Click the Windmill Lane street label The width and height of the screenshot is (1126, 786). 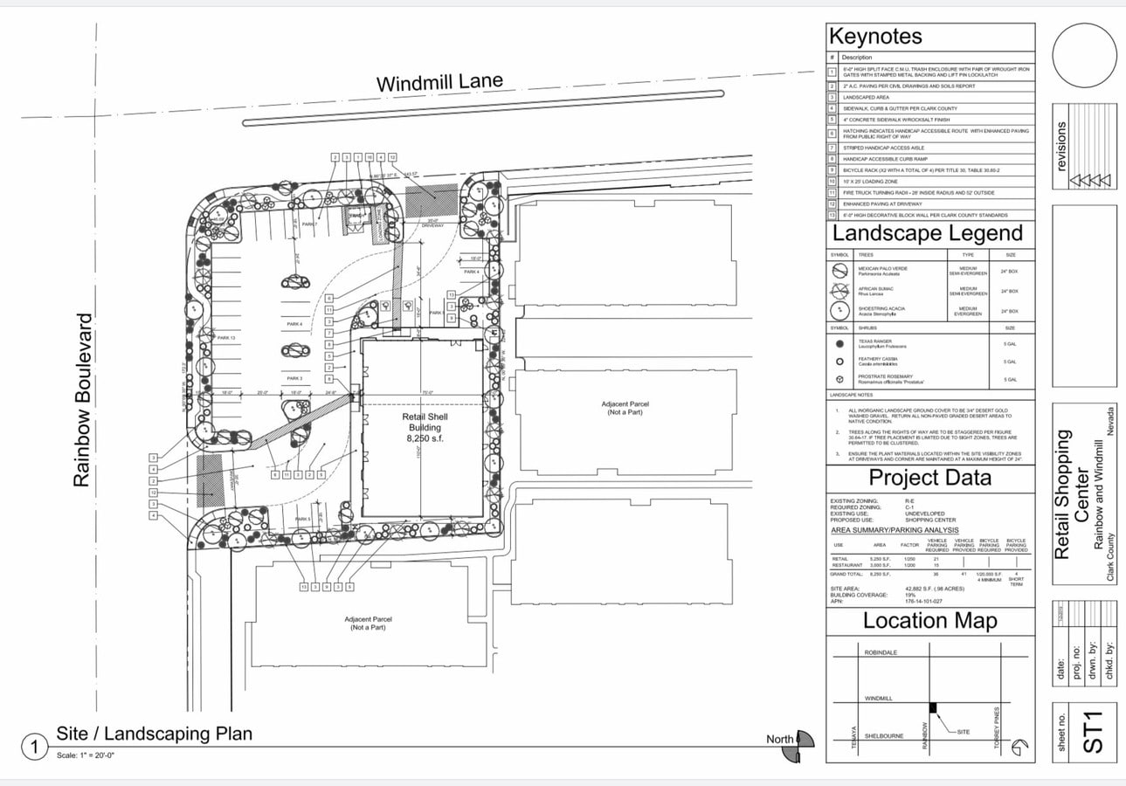[x=439, y=83]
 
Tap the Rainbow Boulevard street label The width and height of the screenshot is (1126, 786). [x=83, y=400]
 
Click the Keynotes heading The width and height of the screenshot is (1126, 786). [x=875, y=37]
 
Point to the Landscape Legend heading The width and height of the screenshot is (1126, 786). [x=927, y=234]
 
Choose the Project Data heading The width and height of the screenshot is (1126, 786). [x=929, y=478]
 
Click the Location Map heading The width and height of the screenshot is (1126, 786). [x=929, y=621]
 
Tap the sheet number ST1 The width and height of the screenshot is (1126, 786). [x=1093, y=732]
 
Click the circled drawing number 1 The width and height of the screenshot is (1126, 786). [x=34, y=748]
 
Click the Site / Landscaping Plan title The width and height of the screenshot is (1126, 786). [x=155, y=734]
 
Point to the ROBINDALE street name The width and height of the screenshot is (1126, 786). [x=881, y=652]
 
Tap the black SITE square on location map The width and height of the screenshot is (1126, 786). [x=933, y=707]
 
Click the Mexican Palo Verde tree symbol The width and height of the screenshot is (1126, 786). [x=839, y=271]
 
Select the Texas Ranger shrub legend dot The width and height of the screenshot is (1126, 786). [x=839, y=344]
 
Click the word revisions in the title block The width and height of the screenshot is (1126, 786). [x=1062, y=146]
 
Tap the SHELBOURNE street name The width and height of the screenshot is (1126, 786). [x=883, y=736]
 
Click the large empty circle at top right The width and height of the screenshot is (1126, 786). [x=1084, y=55]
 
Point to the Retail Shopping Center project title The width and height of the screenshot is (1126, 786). [x=1072, y=493]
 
